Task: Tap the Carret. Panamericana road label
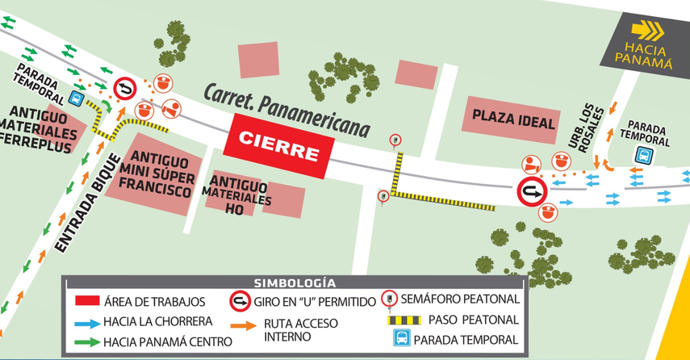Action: pyautogui.click(x=286, y=108)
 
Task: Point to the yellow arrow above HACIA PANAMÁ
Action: pyautogui.click(x=647, y=31)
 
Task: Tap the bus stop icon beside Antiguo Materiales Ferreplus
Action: pyautogui.click(x=75, y=99)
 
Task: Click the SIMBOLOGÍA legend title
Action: pyautogui.click(x=295, y=283)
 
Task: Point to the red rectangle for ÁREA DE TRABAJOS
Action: pyautogui.click(x=86, y=302)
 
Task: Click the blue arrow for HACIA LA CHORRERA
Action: pyautogui.click(x=86, y=321)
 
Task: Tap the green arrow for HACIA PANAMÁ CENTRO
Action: pyautogui.click(x=86, y=341)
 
